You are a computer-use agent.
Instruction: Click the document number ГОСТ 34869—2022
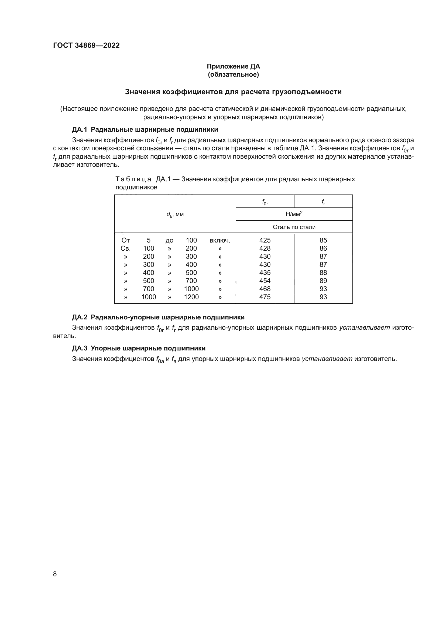pos(86,45)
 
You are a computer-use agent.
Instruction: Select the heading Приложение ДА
pos(233,66)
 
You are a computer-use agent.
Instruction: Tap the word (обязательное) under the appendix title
pos(233,74)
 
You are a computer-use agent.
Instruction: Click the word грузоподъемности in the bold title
pos(307,92)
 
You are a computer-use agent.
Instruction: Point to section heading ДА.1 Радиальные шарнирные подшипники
pos(145,129)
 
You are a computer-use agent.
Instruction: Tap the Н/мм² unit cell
pos(294,214)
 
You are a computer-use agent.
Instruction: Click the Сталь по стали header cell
pos(294,227)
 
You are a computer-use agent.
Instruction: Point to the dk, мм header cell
pos(175,214)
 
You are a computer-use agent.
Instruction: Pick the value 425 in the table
pos(265,240)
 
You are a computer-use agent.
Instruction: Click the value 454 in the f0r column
pos(265,281)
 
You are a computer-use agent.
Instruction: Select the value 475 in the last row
pos(265,297)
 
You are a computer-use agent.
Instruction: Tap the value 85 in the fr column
pos(323,240)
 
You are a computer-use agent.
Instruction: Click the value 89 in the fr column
pos(323,281)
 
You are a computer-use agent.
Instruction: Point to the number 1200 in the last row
pos(191,297)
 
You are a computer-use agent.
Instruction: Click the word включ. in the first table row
pos(220,240)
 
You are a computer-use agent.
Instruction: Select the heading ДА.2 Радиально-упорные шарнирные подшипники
pos(158,317)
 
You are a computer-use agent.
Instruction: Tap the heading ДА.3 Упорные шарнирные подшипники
pos(139,348)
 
